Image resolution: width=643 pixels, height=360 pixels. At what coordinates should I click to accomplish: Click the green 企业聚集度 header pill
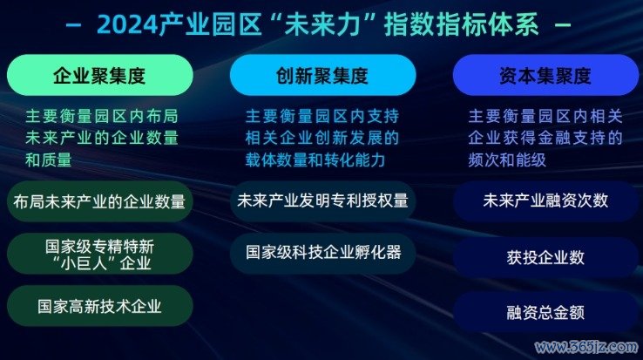click(99, 75)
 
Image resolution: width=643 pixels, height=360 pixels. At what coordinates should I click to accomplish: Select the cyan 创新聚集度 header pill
click(322, 75)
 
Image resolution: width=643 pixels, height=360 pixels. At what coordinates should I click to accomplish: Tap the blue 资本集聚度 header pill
click(545, 75)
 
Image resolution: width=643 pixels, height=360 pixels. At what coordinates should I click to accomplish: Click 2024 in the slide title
click(127, 24)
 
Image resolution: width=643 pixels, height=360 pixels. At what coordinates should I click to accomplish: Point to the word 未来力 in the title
click(322, 24)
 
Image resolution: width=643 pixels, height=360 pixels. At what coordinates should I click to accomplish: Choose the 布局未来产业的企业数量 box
click(99, 201)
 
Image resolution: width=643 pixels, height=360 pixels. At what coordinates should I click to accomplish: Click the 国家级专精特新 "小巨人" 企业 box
click(99, 254)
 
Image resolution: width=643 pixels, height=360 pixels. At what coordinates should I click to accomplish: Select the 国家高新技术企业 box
click(99, 306)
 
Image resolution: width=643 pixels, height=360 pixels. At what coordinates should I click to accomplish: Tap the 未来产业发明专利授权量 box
click(322, 201)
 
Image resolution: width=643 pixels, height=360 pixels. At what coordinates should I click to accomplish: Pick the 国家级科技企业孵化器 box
click(322, 253)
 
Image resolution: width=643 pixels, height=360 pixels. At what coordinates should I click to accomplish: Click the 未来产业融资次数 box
click(545, 201)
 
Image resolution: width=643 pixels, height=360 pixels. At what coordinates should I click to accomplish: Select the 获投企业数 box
click(545, 257)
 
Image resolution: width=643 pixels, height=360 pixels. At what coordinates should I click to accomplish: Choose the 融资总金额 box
click(545, 312)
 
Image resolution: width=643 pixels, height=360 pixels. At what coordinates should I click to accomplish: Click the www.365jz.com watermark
click(586, 347)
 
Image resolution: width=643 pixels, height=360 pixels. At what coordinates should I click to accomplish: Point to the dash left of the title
click(74, 25)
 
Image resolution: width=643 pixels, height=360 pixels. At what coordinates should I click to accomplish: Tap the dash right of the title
click(563, 25)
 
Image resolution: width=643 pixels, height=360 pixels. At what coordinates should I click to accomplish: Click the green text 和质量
click(49, 160)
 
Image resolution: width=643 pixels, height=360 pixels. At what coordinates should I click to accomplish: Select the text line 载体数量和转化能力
click(315, 160)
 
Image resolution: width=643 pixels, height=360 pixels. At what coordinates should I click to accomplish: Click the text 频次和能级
click(507, 160)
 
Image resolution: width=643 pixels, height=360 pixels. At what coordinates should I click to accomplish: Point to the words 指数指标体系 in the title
click(461, 24)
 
